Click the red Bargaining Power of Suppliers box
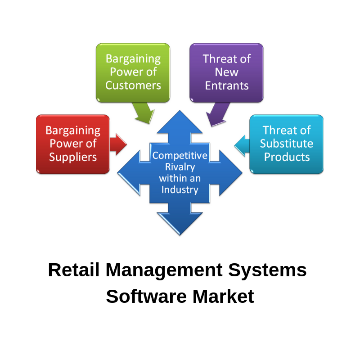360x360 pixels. [73, 144]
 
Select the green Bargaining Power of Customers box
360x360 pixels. [133, 72]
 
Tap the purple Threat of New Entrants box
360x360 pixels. [226, 72]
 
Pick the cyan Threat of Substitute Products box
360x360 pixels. [287, 144]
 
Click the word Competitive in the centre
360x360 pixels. [180, 156]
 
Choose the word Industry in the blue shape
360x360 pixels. [180, 189]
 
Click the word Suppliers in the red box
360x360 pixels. [73, 157]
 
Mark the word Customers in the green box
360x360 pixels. [133, 85]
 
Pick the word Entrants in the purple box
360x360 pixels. [226, 85]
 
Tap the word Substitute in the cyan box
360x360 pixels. [287, 144]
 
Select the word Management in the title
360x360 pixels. [164, 270]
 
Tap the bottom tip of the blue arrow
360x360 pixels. [180, 234]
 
